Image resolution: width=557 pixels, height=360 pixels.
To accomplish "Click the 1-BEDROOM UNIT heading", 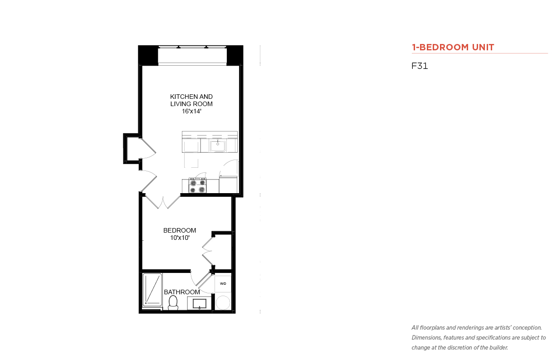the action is (x=453, y=47).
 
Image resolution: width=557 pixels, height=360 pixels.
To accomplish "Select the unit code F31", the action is (x=420, y=66).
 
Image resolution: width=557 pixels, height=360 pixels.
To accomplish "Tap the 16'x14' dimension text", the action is (x=191, y=111).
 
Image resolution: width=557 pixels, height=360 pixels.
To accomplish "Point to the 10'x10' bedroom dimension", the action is (x=180, y=238).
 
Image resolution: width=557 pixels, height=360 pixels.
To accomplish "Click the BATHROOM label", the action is (x=182, y=292).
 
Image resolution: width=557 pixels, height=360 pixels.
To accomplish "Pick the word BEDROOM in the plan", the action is (x=180, y=230).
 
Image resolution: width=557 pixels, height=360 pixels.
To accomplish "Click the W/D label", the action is (x=223, y=284).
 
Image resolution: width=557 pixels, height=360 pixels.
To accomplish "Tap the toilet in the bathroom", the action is (x=173, y=303).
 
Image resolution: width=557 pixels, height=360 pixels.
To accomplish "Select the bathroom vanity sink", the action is (x=200, y=304).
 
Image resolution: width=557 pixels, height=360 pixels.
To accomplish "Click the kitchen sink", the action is (x=218, y=146).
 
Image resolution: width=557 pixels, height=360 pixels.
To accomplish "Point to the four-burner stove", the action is (x=197, y=185).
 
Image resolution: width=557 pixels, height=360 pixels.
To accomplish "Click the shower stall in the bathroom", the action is (x=152, y=290).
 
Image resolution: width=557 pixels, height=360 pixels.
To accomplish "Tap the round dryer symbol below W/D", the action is (x=223, y=302).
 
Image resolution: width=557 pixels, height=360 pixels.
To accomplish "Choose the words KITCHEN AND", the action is (x=191, y=97).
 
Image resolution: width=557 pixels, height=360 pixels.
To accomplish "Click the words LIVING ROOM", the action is (x=191, y=104).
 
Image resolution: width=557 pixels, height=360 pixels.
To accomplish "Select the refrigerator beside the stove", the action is (x=228, y=184).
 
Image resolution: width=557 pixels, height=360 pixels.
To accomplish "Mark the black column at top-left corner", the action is (x=148, y=55).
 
